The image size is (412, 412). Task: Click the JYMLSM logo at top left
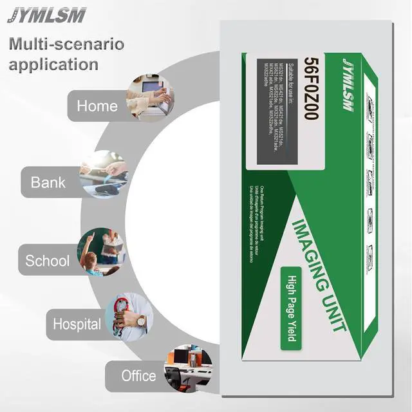click(x=46, y=15)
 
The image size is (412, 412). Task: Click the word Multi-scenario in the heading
click(x=66, y=44)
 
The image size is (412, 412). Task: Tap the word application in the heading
click(x=53, y=64)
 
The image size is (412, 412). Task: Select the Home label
click(x=97, y=106)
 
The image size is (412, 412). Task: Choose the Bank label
click(x=48, y=182)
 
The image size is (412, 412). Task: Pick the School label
click(x=47, y=261)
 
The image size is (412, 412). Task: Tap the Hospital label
click(x=77, y=324)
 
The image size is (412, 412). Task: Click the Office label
click(x=138, y=375)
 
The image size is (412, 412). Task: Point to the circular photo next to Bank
click(x=103, y=173)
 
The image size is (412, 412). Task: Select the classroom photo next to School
click(x=101, y=252)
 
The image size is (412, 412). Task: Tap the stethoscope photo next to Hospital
click(x=129, y=315)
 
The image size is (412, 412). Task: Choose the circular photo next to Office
click(x=187, y=368)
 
